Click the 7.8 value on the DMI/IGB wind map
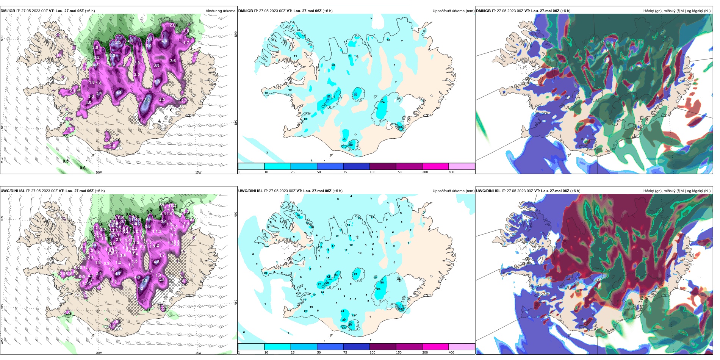pos(147,100)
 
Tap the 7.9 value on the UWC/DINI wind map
pos(144,281)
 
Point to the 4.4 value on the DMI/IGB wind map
pos(119,92)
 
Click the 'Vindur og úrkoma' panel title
pos(221,11)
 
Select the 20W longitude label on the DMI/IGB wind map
pos(99,172)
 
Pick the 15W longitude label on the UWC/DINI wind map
pos(198,353)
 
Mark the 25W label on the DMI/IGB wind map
pos(2,160)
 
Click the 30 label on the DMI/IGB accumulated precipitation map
pos(355,94)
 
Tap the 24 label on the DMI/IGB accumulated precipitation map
pos(383,102)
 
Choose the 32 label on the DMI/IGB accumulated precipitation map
pos(351,145)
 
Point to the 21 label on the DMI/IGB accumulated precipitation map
pos(350,56)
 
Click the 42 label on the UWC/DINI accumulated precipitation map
pos(400,308)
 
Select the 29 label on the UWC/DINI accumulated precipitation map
pos(327,283)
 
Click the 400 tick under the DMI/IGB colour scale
pos(451,172)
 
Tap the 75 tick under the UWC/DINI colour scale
pos(345,352)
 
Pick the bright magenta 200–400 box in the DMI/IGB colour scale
pos(435,166)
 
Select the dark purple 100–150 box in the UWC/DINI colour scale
pos(383,347)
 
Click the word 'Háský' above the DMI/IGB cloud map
pos(648,11)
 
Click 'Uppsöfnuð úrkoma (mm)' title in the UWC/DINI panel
pos(454,191)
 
